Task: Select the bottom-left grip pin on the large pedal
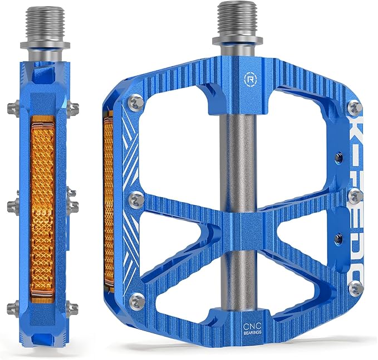pyautogui.click(x=135, y=301)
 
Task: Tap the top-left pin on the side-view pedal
pyautogui.click(x=13, y=106)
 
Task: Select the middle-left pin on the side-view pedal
pyautogui.click(x=13, y=206)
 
